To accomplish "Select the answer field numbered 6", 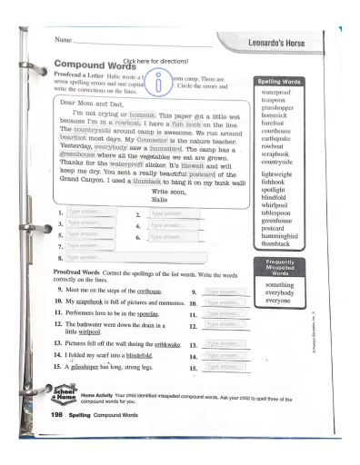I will click(172, 237).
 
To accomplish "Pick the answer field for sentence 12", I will click(222, 324).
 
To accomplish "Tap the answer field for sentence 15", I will click(222, 369).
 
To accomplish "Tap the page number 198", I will click(54, 413).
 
